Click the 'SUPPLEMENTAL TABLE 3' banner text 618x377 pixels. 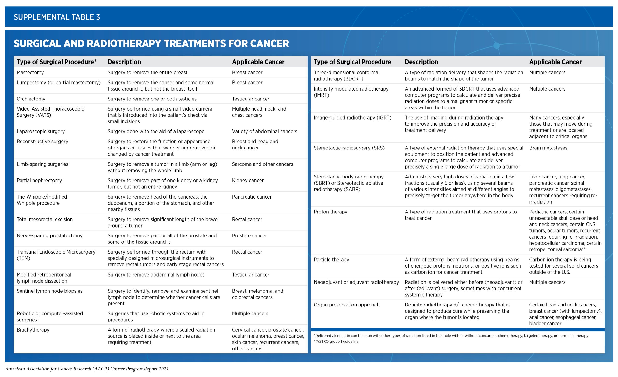pyautogui.click(x=57, y=17)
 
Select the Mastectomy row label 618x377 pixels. pyautogui.click(x=30, y=72)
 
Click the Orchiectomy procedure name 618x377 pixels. pyautogui.click(x=31, y=99)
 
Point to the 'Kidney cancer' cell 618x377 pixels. pyautogui.click(x=247, y=180)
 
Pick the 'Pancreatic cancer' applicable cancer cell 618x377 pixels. pyautogui.click(x=252, y=197)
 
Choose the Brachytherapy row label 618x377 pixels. pyautogui.click(x=33, y=330)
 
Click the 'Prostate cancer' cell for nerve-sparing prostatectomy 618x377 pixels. pyautogui.click(x=249, y=236)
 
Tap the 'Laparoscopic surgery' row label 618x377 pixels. pyautogui.click(x=41, y=132)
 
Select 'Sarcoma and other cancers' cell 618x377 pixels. pyautogui.click(x=262, y=164)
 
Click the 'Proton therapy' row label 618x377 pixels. pyautogui.click(x=330, y=212)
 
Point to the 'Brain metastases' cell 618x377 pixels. pyautogui.click(x=548, y=148)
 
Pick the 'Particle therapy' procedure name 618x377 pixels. pyautogui.click(x=331, y=260)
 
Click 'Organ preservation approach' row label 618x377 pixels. pyautogui.click(x=346, y=305)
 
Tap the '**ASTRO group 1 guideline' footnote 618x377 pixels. pyautogui.click(x=336, y=341)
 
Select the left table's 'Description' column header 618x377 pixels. pyautogui.click(x=124, y=62)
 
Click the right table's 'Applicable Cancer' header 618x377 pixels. pyautogui.click(x=555, y=62)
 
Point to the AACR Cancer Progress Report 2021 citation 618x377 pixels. pyautogui.click(x=87, y=369)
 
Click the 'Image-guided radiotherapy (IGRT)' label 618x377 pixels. pyautogui.click(x=352, y=118)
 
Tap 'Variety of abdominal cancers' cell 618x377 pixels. pyautogui.click(x=264, y=132)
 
